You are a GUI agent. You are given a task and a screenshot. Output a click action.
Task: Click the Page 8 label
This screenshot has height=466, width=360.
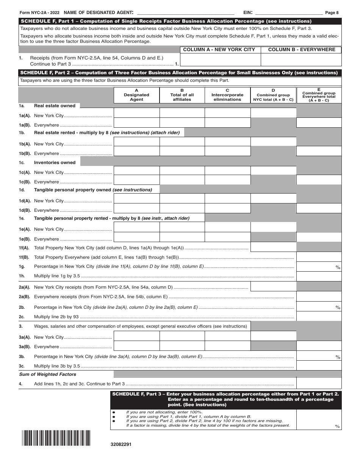tap(332, 13)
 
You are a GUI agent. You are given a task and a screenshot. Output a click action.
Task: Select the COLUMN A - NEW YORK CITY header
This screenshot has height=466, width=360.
tap(219, 50)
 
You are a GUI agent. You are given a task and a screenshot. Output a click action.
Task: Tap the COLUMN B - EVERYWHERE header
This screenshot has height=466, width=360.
tap(302, 50)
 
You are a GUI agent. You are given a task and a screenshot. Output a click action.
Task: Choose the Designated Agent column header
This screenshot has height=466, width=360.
tap(136, 95)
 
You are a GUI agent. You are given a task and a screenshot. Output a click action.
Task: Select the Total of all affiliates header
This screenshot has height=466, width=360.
tap(182, 95)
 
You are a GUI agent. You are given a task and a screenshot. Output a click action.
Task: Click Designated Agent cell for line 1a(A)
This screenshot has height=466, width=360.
tap(136, 113)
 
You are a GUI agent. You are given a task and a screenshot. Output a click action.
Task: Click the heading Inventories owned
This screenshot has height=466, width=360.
tap(55, 163)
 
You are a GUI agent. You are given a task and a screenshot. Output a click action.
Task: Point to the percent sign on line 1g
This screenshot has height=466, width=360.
tap(338, 267)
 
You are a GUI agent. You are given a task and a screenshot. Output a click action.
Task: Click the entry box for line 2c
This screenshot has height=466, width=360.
tap(319, 316)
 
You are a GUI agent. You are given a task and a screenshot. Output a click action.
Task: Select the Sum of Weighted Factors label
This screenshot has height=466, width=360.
tap(45, 374)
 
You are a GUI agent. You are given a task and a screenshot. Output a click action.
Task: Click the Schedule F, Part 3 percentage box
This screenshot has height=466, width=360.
tap(319, 420)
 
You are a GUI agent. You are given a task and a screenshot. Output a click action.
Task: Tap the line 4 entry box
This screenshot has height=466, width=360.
tap(319, 383)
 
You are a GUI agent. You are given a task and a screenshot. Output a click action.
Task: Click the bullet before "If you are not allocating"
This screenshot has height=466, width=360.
tap(114, 412)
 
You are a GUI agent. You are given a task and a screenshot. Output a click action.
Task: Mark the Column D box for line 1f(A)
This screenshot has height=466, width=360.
tap(273, 247)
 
